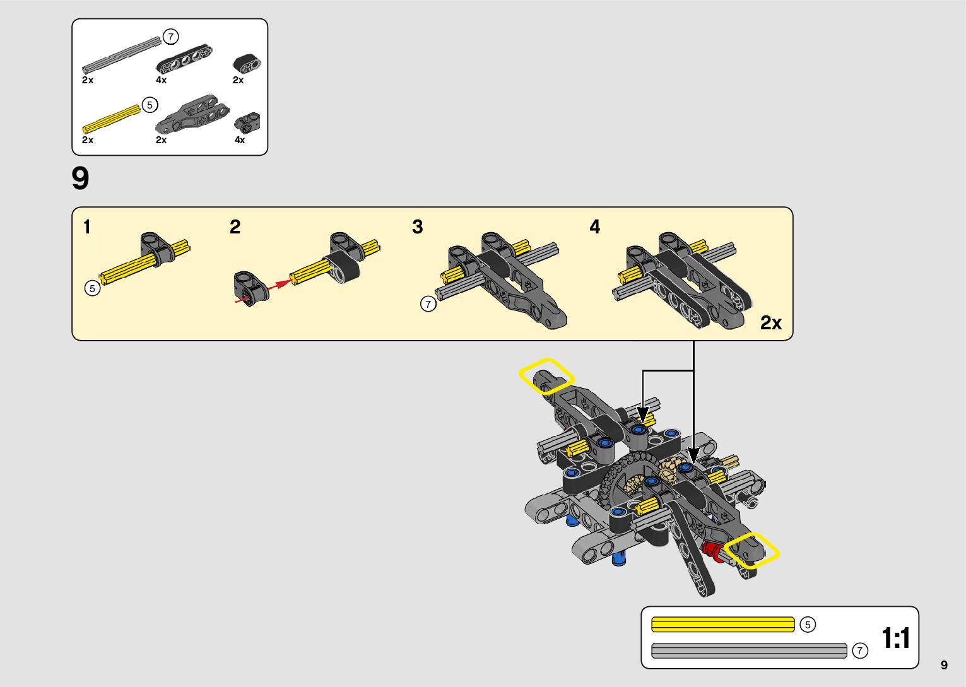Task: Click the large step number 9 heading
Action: pyautogui.click(x=81, y=179)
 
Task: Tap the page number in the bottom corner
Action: pyautogui.click(x=944, y=665)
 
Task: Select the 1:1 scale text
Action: pyautogui.click(x=895, y=638)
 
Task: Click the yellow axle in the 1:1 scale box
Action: pyautogui.click(x=722, y=625)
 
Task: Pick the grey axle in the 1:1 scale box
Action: pyautogui.click(x=748, y=650)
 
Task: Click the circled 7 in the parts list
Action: pyautogui.click(x=170, y=37)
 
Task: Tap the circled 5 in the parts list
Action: pyautogui.click(x=150, y=105)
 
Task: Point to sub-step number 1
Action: pyautogui.click(x=87, y=226)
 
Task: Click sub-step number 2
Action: pyautogui.click(x=235, y=226)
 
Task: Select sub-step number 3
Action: pyautogui.click(x=418, y=226)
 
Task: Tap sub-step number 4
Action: pyautogui.click(x=595, y=226)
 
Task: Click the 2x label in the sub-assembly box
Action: pyautogui.click(x=770, y=323)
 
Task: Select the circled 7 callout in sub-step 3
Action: pyautogui.click(x=428, y=304)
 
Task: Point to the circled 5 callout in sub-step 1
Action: pyautogui.click(x=92, y=288)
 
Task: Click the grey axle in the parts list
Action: pyautogui.click(x=121, y=55)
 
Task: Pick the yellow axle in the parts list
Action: pyautogui.click(x=111, y=119)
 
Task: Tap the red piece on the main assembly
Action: pyautogui.click(x=711, y=549)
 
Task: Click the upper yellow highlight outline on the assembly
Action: pyautogui.click(x=546, y=376)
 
